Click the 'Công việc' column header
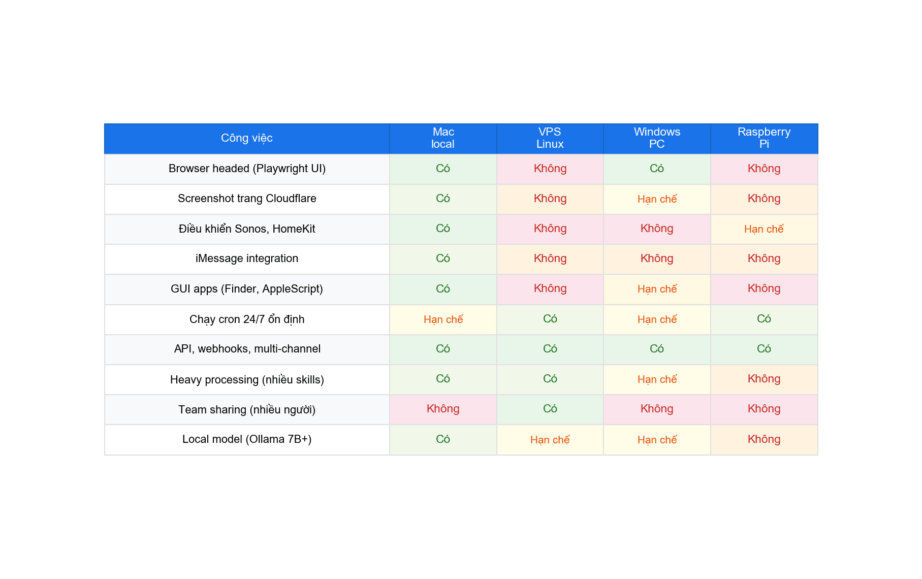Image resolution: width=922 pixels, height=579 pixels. [x=246, y=138]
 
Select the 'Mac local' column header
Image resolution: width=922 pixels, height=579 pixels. [x=443, y=138]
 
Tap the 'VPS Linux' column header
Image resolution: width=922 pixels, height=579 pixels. [x=550, y=138]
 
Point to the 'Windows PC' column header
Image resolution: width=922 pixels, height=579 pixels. [x=657, y=138]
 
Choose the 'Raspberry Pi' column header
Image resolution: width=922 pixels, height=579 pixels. [x=764, y=138]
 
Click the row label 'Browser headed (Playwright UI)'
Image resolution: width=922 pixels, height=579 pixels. [x=247, y=169]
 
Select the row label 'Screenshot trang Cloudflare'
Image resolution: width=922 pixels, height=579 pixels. [x=247, y=199]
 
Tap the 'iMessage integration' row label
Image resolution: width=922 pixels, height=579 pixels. [x=247, y=259]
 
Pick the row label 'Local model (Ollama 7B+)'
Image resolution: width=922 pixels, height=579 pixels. [x=247, y=439]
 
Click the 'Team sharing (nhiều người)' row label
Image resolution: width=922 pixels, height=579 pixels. [x=247, y=409]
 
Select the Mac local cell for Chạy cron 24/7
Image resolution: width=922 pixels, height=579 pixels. [x=443, y=319]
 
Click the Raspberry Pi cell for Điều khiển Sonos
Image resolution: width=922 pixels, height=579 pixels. [x=764, y=229]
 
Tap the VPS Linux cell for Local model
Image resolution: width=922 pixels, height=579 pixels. [x=550, y=440]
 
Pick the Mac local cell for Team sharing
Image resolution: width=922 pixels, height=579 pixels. [x=443, y=409]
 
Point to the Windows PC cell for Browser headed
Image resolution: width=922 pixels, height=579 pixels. [x=657, y=169]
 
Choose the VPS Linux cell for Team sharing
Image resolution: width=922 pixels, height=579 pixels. [x=550, y=409]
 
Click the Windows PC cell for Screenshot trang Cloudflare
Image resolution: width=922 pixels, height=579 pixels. [x=657, y=199]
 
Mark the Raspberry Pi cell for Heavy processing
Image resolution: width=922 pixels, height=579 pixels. [x=764, y=379]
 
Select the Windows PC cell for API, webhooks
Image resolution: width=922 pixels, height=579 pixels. [x=657, y=349]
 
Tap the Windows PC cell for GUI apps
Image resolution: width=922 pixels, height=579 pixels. [x=657, y=289]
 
